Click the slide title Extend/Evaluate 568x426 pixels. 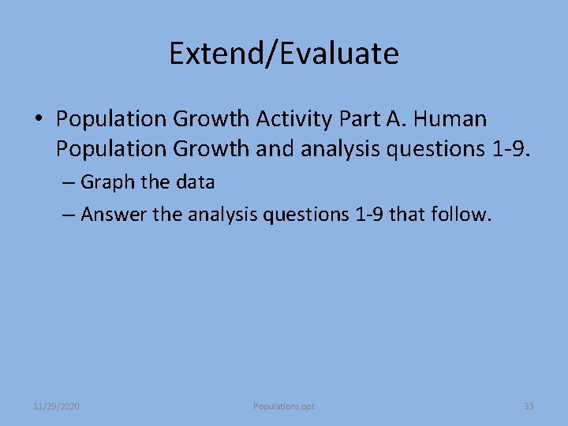(x=284, y=54)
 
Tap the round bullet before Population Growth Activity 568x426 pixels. (x=38, y=120)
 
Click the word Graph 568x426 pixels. (x=105, y=182)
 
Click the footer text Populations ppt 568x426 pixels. (x=284, y=406)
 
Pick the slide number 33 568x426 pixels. (x=529, y=406)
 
